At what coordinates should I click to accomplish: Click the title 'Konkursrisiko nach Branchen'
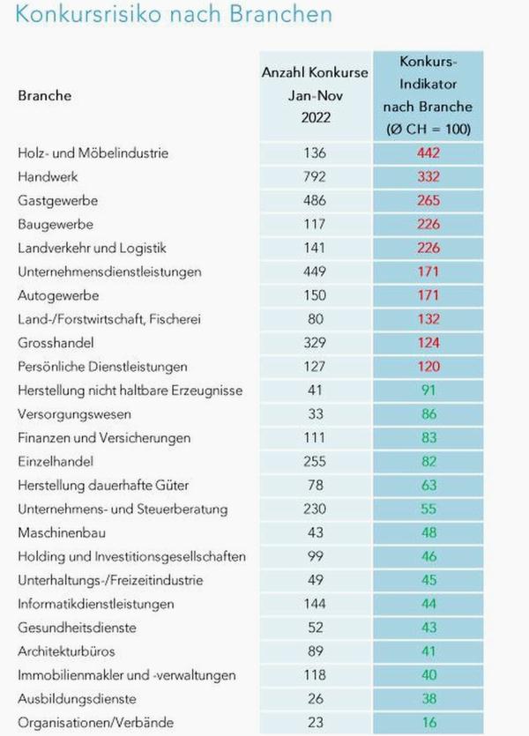point(174,16)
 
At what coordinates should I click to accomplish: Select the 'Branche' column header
point(44,95)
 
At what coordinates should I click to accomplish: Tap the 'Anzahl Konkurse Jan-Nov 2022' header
point(315,95)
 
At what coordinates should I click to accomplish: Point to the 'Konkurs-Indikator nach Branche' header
point(429,95)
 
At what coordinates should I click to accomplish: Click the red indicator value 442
point(429,152)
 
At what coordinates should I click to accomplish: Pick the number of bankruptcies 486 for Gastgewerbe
point(315,200)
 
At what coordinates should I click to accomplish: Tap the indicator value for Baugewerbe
point(429,224)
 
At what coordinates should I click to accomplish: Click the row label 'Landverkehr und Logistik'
point(92,248)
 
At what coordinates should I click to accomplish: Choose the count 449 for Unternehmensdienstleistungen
point(315,271)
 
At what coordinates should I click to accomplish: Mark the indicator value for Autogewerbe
point(429,295)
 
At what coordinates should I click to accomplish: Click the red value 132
point(429,318)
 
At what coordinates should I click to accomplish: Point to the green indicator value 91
point(429,390)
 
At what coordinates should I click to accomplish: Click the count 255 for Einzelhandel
point(315,461)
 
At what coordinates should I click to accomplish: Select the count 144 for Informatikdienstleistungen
point(315,604)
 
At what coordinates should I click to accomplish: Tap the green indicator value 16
point(429,723)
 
